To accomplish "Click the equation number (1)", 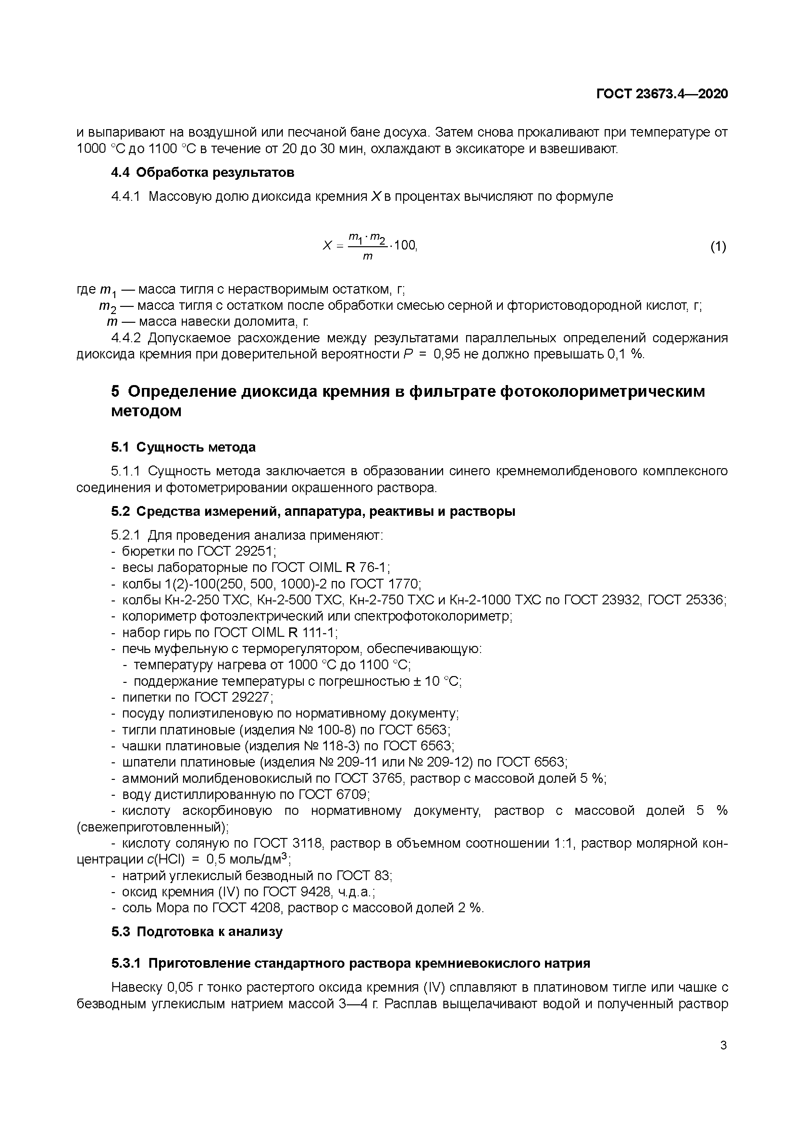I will [x=718, y=246].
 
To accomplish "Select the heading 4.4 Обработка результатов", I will [x=202, y=173].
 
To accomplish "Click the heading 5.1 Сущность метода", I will [x=183, y=447].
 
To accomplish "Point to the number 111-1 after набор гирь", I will [x=320, y=633].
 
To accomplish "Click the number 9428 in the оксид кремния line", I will [x=316, y=892].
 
